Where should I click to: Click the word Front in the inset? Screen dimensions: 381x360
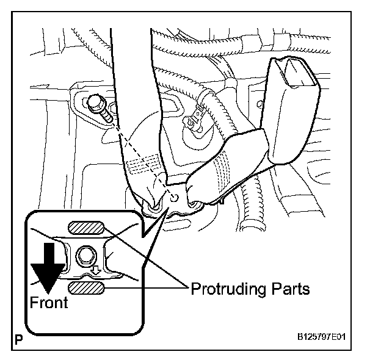49,301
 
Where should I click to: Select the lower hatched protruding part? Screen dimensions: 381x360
85,287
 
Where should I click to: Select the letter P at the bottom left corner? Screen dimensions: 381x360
18,337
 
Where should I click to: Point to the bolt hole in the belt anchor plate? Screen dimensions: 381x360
174,198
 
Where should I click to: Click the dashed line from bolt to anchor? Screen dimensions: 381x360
137,153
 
